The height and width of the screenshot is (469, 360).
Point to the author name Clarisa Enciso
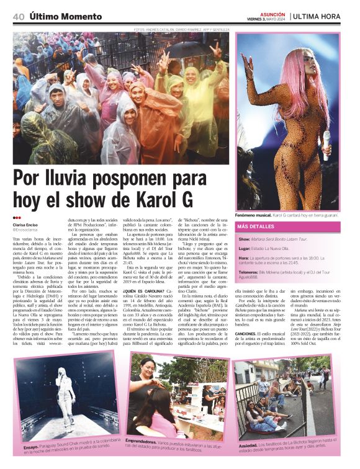coord(28,225)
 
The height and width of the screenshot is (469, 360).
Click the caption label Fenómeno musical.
coord(255,214)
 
